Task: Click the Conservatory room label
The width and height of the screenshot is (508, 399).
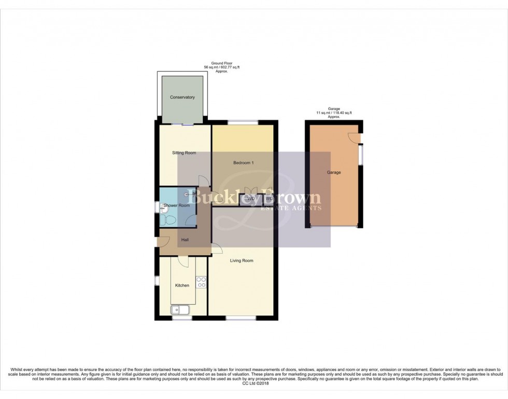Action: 182,98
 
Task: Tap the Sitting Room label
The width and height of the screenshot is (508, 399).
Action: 184,153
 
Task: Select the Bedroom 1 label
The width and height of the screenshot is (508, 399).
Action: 243,163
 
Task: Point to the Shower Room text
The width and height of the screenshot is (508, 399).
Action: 177,206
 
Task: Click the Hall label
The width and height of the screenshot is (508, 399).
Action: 185,239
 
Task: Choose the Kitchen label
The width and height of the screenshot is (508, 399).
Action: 182,285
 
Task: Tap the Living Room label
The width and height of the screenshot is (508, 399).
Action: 242,260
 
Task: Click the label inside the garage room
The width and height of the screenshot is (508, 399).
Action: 333,172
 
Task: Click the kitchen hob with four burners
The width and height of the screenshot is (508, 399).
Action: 201,283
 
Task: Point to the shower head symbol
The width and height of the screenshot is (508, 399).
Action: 187,194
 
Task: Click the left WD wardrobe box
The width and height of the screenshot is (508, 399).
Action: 251,199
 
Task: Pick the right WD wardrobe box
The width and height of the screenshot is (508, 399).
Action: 269,199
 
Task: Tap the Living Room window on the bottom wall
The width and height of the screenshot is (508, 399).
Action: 241,318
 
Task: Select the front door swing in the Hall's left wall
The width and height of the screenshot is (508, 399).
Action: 163,240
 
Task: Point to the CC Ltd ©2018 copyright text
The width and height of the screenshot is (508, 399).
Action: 253,383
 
